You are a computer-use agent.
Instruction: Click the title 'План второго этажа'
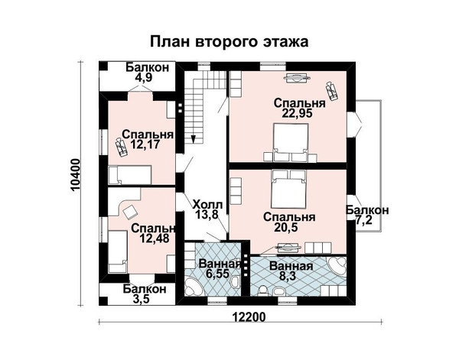coord(229,42)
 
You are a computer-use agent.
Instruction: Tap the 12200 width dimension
coord(249,316)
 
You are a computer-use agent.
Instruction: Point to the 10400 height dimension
coord(76,175)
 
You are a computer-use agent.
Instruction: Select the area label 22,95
coord(297,113)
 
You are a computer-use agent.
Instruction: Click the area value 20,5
coord(286,227)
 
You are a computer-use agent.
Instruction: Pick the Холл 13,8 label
coord(207,209)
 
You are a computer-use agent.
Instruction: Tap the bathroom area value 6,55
coord(217,274)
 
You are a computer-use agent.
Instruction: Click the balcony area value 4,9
coord(144,77)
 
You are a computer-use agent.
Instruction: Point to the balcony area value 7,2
coord(364,219)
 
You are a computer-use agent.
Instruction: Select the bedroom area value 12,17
coord(144,144)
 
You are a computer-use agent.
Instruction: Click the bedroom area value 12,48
coord(155,238)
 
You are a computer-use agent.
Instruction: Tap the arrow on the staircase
coord(194,138)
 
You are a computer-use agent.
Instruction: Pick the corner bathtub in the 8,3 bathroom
coord(337,266)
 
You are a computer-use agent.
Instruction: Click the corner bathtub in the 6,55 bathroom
coord(194,287)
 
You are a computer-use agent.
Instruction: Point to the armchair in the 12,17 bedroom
coord(121,148)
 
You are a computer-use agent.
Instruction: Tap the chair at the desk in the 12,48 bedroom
coord(129,212)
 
